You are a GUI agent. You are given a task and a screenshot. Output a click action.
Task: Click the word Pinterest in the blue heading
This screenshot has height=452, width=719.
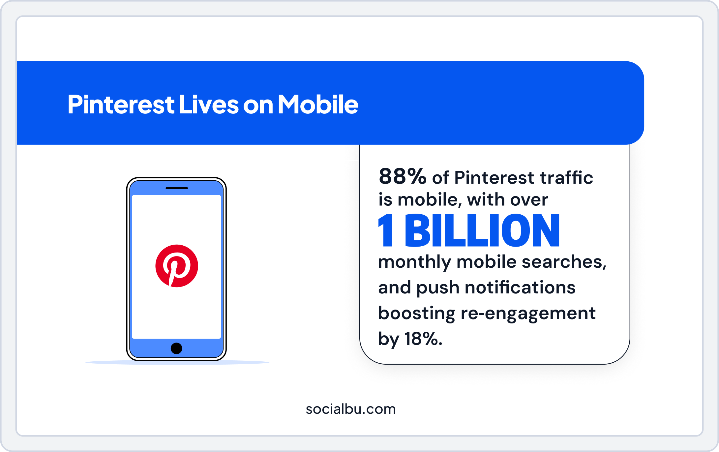pos(121,105)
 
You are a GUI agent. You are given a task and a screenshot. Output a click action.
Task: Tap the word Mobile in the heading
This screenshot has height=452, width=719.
pos(318,105)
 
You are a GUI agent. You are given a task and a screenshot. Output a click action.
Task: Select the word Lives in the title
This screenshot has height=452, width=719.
pos(209,105)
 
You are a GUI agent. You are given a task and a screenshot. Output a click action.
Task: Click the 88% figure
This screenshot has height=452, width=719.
pos(402,177)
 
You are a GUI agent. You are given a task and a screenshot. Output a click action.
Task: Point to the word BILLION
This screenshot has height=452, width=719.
pos(482,230)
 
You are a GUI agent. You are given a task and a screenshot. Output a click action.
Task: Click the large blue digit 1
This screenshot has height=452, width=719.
pos(386,230)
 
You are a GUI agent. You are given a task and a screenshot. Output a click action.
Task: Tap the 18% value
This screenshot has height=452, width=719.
pos(423,339)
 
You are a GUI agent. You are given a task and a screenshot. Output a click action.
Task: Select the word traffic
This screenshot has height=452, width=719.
pos(566,178)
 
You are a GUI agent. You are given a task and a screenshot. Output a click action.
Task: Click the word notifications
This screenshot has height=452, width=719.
pos(520,287)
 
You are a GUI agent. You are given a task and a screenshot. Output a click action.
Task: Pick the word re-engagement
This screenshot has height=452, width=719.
pos(528,313)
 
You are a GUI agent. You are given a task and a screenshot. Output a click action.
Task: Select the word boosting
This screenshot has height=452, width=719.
pos(417,313)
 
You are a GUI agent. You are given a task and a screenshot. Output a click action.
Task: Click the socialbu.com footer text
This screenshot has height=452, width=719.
pos(350,409)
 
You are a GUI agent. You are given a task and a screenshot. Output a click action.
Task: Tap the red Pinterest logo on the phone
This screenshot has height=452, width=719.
pos(177,266)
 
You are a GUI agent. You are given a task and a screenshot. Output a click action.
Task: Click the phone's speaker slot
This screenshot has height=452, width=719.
pos(177,188)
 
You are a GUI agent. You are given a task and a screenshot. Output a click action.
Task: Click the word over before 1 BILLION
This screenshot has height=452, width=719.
pos(529,200)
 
